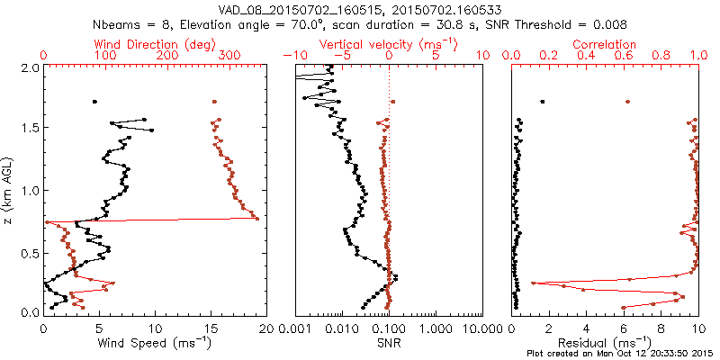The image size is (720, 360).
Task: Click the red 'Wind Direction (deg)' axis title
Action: (x=149, y=44)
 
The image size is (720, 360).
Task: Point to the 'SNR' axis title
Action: (x=389, y=343)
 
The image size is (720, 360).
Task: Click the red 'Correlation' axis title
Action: (x=605, y=44)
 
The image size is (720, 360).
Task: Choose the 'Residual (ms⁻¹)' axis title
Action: (x=605, y=343)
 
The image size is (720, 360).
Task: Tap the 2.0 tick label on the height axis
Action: (x=31, y=67)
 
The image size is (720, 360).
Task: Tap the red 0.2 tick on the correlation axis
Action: (x=549, y=56)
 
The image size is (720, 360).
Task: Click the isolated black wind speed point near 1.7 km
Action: (x=94, y=102)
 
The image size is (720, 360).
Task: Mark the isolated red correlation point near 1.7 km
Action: (x=627, y=102)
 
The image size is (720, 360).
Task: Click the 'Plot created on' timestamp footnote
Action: (x=620, y=353)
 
